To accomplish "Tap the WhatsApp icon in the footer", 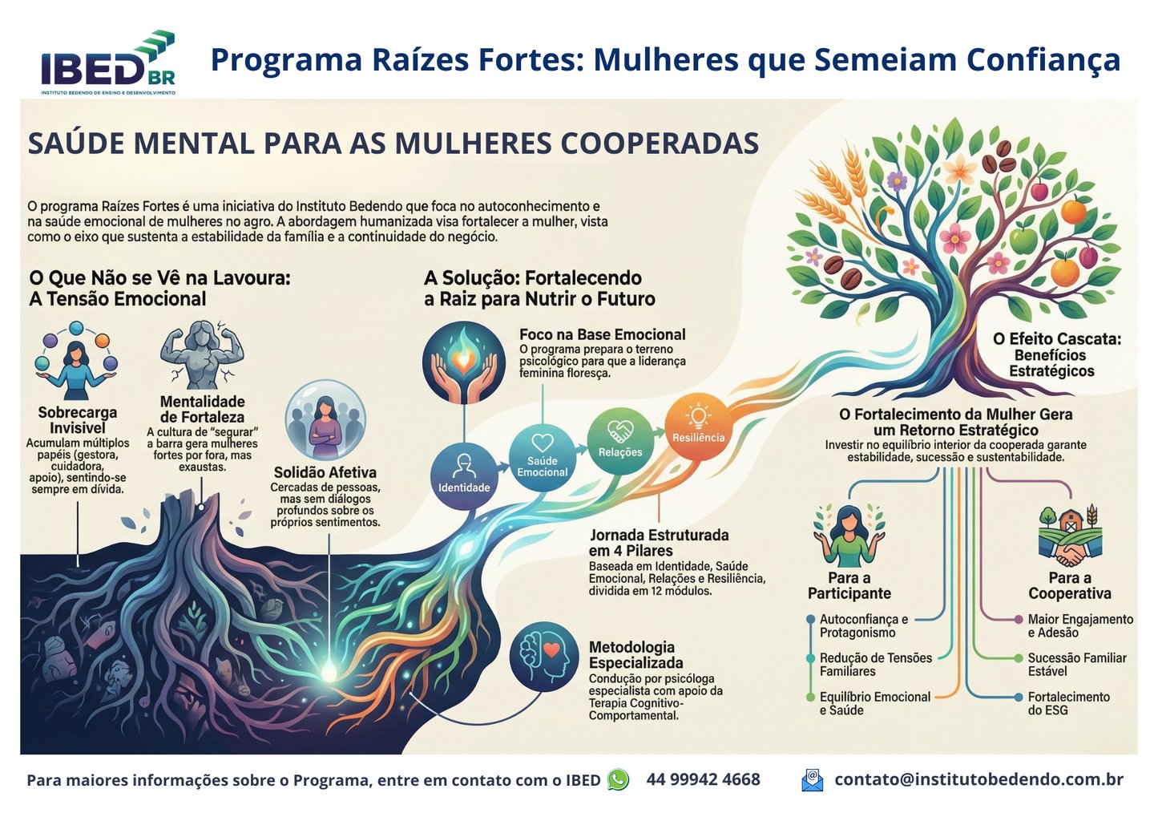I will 618,779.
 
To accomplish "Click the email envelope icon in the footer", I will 812,779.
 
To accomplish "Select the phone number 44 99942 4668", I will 703,779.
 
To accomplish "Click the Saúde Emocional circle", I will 543,457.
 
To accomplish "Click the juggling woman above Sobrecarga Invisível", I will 76,362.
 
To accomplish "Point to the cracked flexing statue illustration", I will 201,355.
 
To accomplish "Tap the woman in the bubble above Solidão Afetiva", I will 325,421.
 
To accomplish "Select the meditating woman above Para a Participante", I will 849,536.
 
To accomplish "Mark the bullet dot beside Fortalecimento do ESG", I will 1019,698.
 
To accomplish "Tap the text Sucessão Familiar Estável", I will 1076,665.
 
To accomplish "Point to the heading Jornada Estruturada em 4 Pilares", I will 658,543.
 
